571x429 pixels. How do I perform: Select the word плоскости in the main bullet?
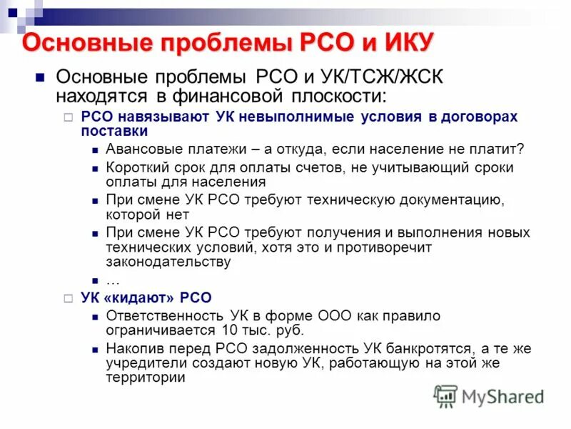pos(335,96)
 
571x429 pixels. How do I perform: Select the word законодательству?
pos(168,262)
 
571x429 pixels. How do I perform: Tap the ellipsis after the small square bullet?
pos(112,280)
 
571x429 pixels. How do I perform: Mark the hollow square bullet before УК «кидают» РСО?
pos(69,298)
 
